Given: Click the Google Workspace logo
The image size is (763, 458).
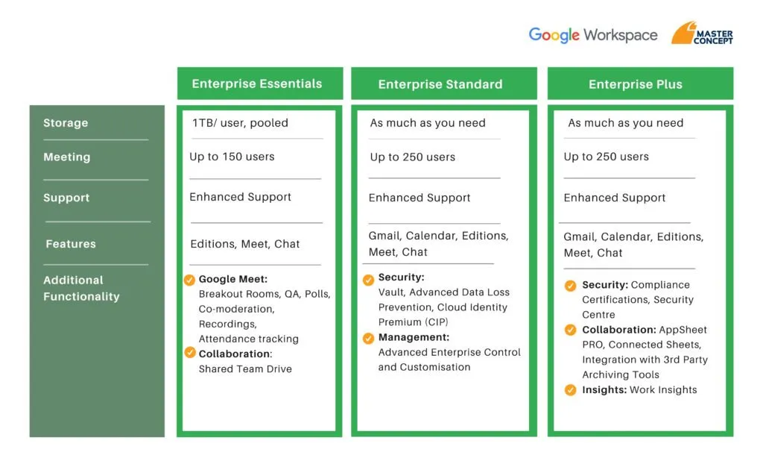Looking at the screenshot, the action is point(592,35).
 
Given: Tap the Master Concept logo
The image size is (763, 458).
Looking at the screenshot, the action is point(702,33).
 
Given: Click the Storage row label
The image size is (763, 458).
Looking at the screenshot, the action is point(66,123).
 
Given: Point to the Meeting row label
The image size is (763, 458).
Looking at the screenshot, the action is point(66,157).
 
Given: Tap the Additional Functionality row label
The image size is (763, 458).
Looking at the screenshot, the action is point(81,288).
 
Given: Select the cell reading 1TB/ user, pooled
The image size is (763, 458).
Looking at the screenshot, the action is point(241,123).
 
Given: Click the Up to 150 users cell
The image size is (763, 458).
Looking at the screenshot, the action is point(232,157).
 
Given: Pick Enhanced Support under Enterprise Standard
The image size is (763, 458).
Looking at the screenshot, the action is point(420,198).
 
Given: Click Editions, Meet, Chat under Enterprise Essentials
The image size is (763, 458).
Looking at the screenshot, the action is point(244,244).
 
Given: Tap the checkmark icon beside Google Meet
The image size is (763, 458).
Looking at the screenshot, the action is point(189,280).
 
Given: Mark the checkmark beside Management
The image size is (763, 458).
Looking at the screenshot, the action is point(368,338).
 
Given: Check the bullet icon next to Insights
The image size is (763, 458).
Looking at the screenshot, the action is point(570,390).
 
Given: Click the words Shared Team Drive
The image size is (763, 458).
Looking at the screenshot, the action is point(245,368).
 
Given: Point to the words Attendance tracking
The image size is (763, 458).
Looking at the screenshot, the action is point(249,339).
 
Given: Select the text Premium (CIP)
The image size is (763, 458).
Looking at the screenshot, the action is point(413,322).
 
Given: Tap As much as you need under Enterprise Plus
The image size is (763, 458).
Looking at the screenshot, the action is point(626,123).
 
